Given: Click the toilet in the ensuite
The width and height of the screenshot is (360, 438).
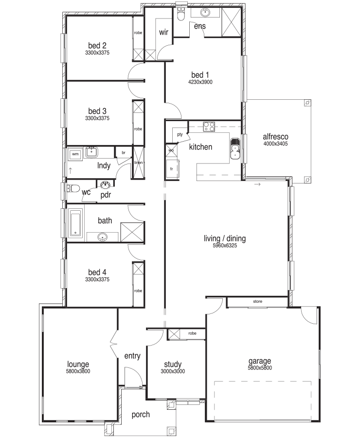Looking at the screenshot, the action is (181, 14).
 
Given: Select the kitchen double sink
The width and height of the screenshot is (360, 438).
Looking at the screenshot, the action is (235, 148).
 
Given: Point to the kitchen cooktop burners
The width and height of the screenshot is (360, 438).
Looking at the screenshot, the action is (209, 127).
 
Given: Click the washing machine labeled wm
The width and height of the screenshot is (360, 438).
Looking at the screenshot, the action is (75, 154).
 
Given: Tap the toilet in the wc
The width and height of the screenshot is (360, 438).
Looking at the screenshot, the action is (73, 188).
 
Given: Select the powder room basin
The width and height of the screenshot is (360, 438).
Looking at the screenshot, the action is (105, 184).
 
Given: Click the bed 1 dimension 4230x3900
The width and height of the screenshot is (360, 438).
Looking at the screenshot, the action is (200, 82).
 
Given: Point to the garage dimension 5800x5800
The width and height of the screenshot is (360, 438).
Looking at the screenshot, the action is (260, 368).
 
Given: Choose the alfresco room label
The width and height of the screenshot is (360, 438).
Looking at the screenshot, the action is (275, 137).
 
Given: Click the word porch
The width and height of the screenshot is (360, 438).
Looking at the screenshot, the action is (141, 415).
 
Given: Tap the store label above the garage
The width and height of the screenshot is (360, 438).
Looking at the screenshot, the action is (257, 301).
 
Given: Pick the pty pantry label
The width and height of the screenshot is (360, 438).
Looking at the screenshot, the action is (180, 135).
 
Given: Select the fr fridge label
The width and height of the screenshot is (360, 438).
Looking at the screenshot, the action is (171, 169).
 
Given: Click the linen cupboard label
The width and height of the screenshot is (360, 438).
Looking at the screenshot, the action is (139, 163).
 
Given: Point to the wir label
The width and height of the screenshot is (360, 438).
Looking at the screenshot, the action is (163, 32).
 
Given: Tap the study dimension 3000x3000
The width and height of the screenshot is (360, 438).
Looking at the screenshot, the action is (173, 371).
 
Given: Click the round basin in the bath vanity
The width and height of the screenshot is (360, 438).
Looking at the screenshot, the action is (103, 237).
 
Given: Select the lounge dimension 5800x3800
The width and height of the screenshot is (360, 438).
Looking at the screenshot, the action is (78, 371).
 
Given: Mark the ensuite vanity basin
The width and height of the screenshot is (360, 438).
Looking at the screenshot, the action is (205, 13).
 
